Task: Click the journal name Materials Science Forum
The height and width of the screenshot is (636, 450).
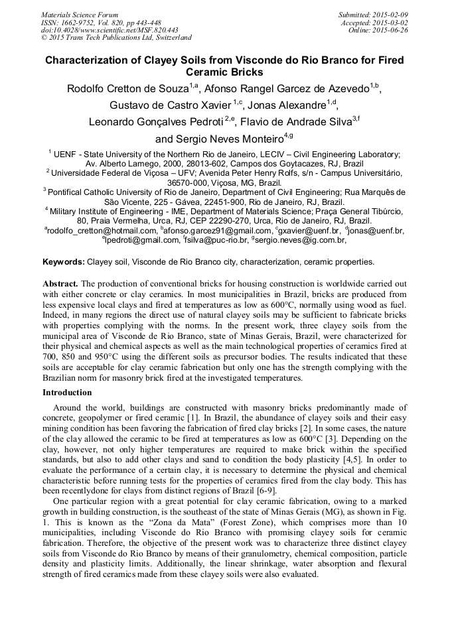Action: click(80, 15)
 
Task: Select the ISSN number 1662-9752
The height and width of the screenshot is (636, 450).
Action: click(78, 23)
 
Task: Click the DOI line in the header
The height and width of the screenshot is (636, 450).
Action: click(109, 30)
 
